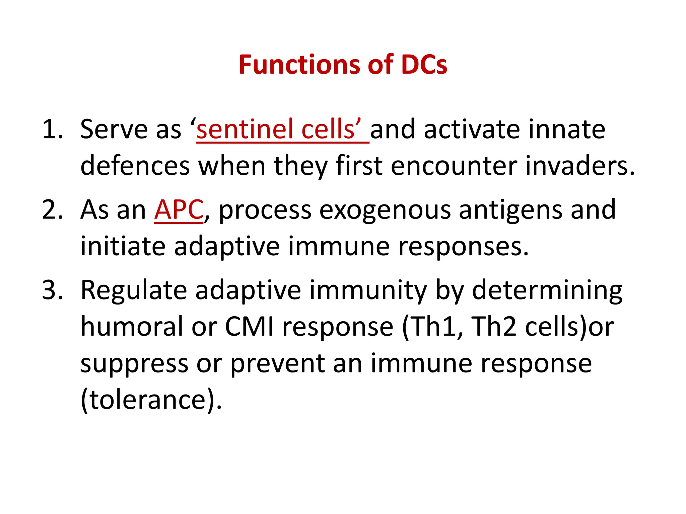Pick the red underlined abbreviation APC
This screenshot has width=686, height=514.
tap(179, 210)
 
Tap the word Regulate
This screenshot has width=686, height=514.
tap(134, 290)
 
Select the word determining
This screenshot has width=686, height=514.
tap(547, 290)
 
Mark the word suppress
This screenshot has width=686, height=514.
tap(134, 364)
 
